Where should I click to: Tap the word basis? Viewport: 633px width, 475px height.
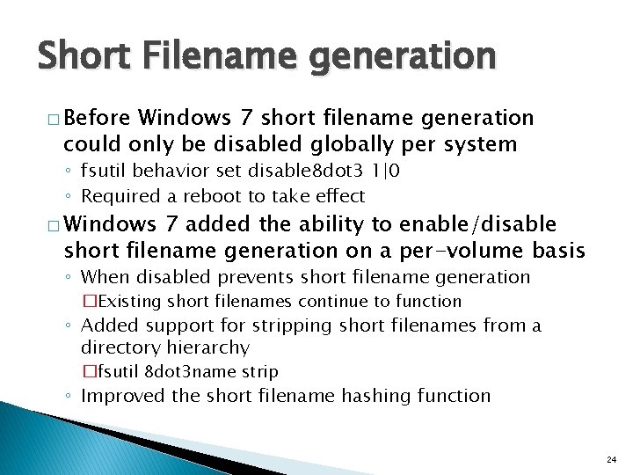[x=557, y=251]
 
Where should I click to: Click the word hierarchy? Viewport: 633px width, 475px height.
[x=208, y=348]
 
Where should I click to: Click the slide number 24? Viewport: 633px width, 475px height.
[x=611, y=460]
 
